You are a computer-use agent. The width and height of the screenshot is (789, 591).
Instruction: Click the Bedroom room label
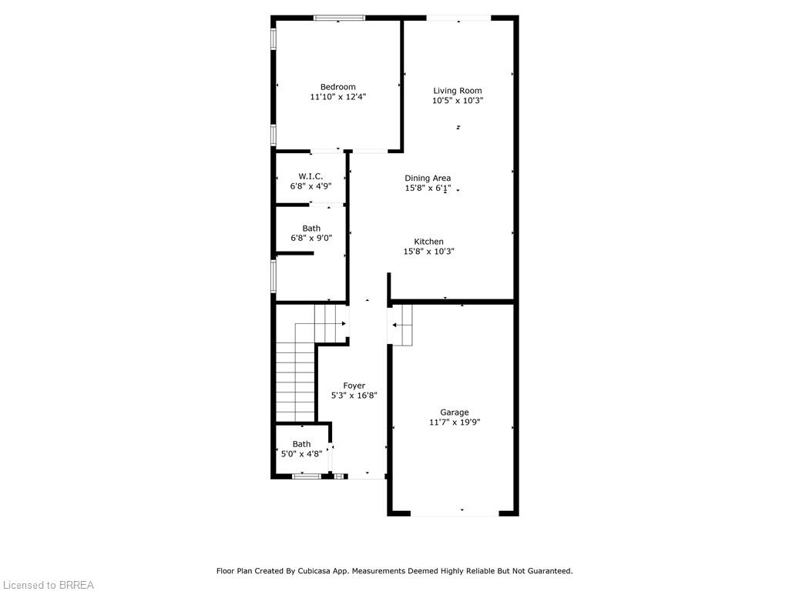coord(337,87)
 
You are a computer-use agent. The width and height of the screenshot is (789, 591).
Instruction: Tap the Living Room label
coord(458,91)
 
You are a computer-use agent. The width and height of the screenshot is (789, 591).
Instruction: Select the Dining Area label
coord(428,178)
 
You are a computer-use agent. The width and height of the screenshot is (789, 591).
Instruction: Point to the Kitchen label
coord(428,242)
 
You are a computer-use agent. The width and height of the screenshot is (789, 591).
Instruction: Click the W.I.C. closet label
coord(311,176)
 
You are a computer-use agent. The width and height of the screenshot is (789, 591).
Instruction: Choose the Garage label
coord(455,412)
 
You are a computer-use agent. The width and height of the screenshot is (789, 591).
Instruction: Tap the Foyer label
coord(354,386)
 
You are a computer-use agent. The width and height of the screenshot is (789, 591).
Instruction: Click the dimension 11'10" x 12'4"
coord(337,96)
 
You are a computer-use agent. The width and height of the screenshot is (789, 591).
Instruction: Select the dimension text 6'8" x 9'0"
coord(311,238)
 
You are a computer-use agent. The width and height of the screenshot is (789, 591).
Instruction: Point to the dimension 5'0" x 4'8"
coord(301,454)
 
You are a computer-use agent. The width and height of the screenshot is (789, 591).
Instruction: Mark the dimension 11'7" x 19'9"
coord(455,422)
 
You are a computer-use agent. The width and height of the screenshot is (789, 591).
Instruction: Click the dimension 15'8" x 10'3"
coord(428,252)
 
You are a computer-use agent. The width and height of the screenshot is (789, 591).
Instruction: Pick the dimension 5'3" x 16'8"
coord(354,396)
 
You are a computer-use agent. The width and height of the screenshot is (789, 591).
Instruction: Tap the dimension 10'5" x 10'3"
coord(458,101)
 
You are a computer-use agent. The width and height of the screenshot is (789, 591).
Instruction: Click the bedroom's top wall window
coord(340,18)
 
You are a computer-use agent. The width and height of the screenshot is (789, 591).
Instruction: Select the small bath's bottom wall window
coord(307,476)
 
